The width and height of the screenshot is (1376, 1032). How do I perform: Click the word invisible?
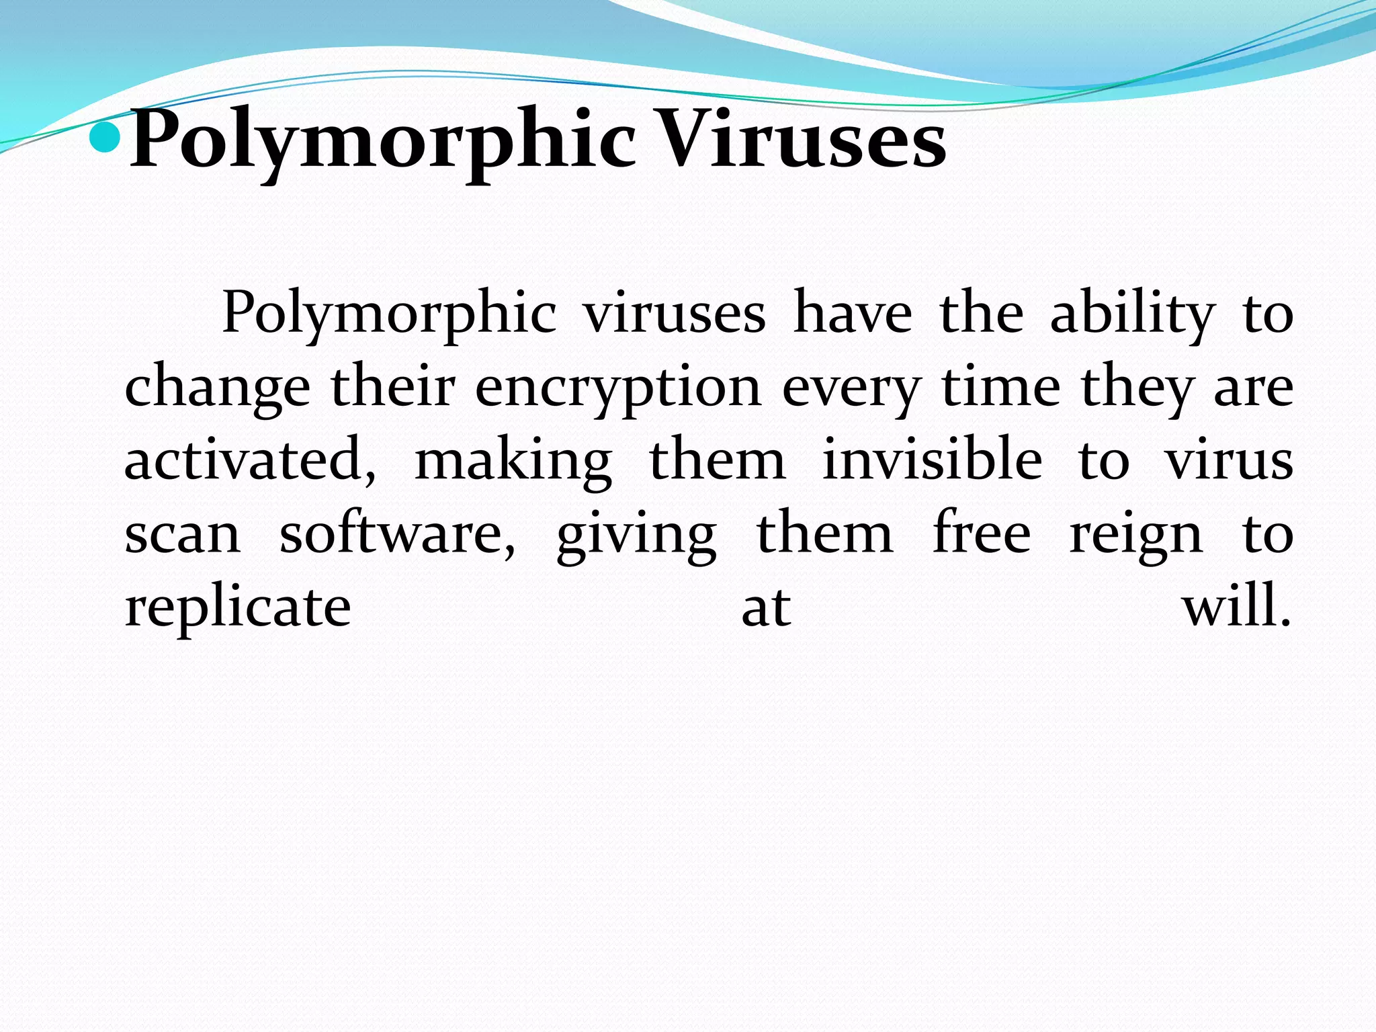[933, 460]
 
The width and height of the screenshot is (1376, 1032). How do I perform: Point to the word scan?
[183, 535]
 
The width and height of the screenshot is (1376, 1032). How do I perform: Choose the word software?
[398, 533]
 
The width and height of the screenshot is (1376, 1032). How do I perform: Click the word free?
[982, 533]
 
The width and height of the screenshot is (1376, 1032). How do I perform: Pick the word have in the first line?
[853, 314]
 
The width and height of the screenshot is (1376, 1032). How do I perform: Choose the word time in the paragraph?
[1001, 388]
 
